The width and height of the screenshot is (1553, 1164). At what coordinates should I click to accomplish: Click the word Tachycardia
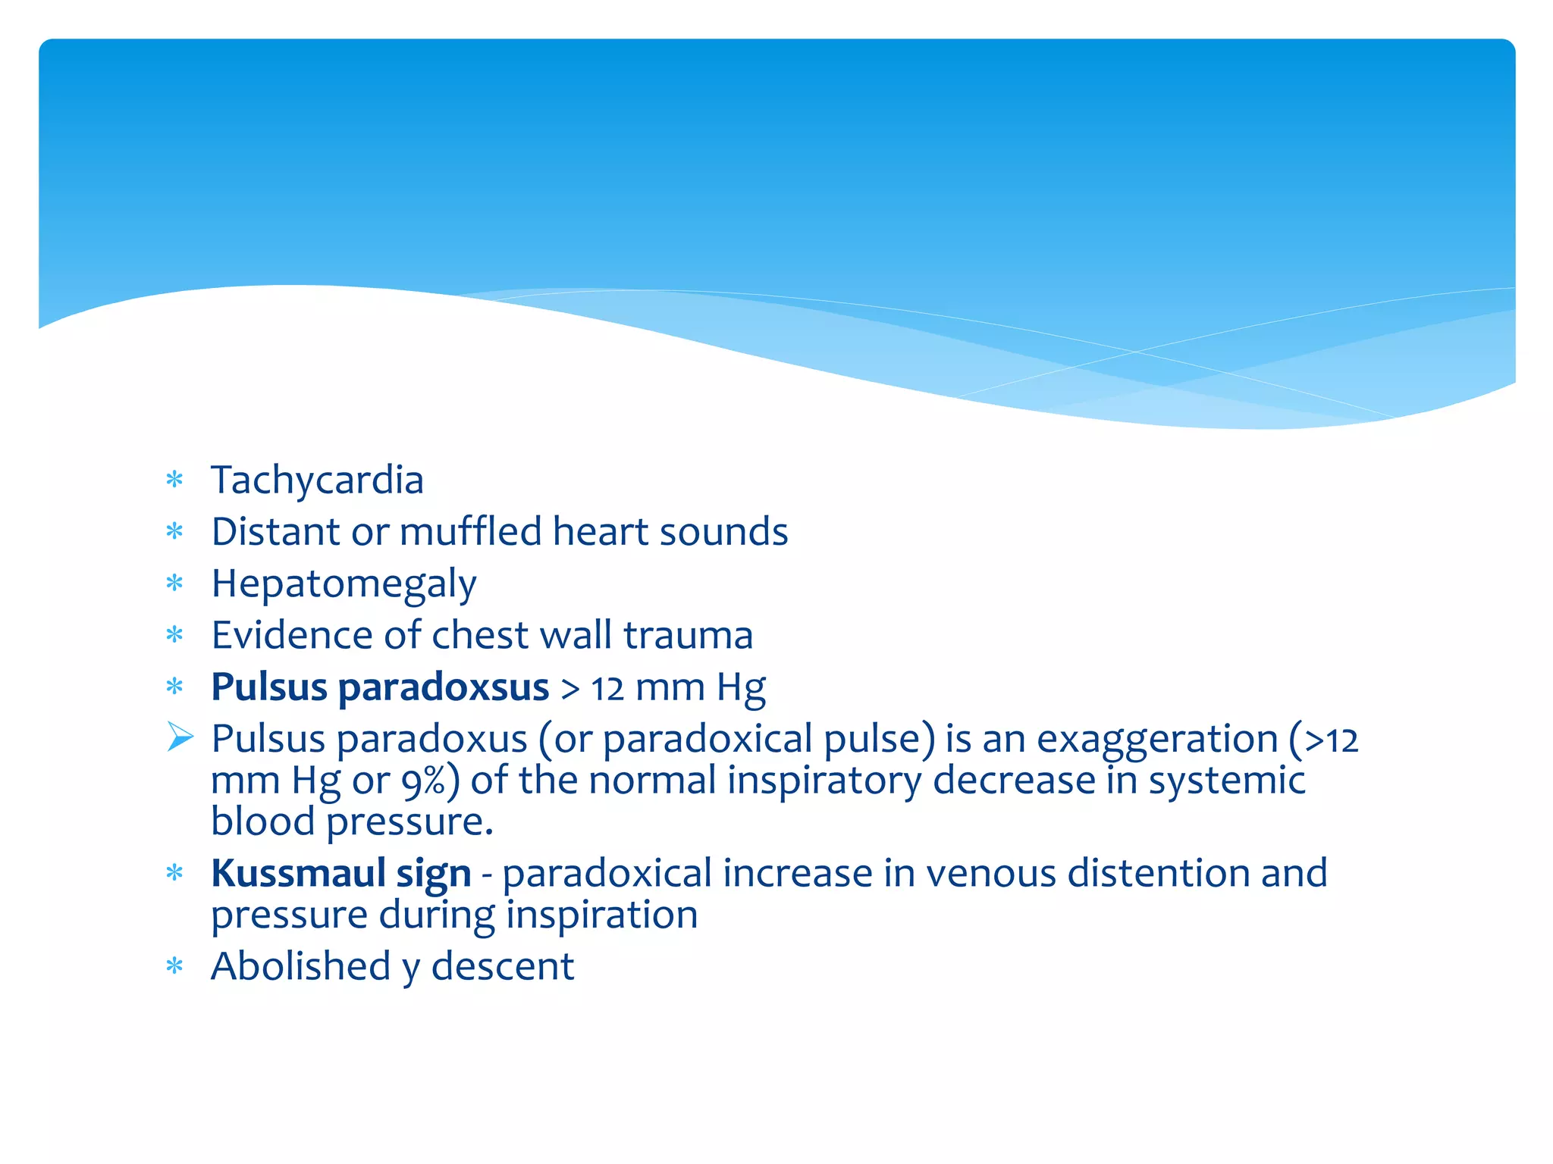coord(317,480)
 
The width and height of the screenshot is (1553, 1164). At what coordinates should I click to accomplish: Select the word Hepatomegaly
coord(344,584)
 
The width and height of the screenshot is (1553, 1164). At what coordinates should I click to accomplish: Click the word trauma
coord(688,635)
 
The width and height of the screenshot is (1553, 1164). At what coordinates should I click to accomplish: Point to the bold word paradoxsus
coord(443,687)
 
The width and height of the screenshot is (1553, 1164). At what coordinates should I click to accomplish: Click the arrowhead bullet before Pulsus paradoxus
coord(180,737)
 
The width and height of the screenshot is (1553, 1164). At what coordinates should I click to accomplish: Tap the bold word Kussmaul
coord(298,873)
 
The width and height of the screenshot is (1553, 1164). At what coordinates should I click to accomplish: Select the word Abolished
coord(300,966)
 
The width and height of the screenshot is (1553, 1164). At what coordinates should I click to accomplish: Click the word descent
coord(502,966)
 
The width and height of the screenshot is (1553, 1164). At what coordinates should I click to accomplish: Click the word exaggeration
coord(1157,739)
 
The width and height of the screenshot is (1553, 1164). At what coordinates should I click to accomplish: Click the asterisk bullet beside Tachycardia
coord(175,480)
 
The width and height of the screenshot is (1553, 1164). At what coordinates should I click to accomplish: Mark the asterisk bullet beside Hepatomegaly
coord(175,584)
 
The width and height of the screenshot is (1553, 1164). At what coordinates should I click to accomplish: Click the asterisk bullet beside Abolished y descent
coord(175,967)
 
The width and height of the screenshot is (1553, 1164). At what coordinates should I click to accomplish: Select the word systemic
coord(1226,781)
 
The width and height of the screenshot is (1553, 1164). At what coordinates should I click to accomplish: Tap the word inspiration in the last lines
coord(601,915)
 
